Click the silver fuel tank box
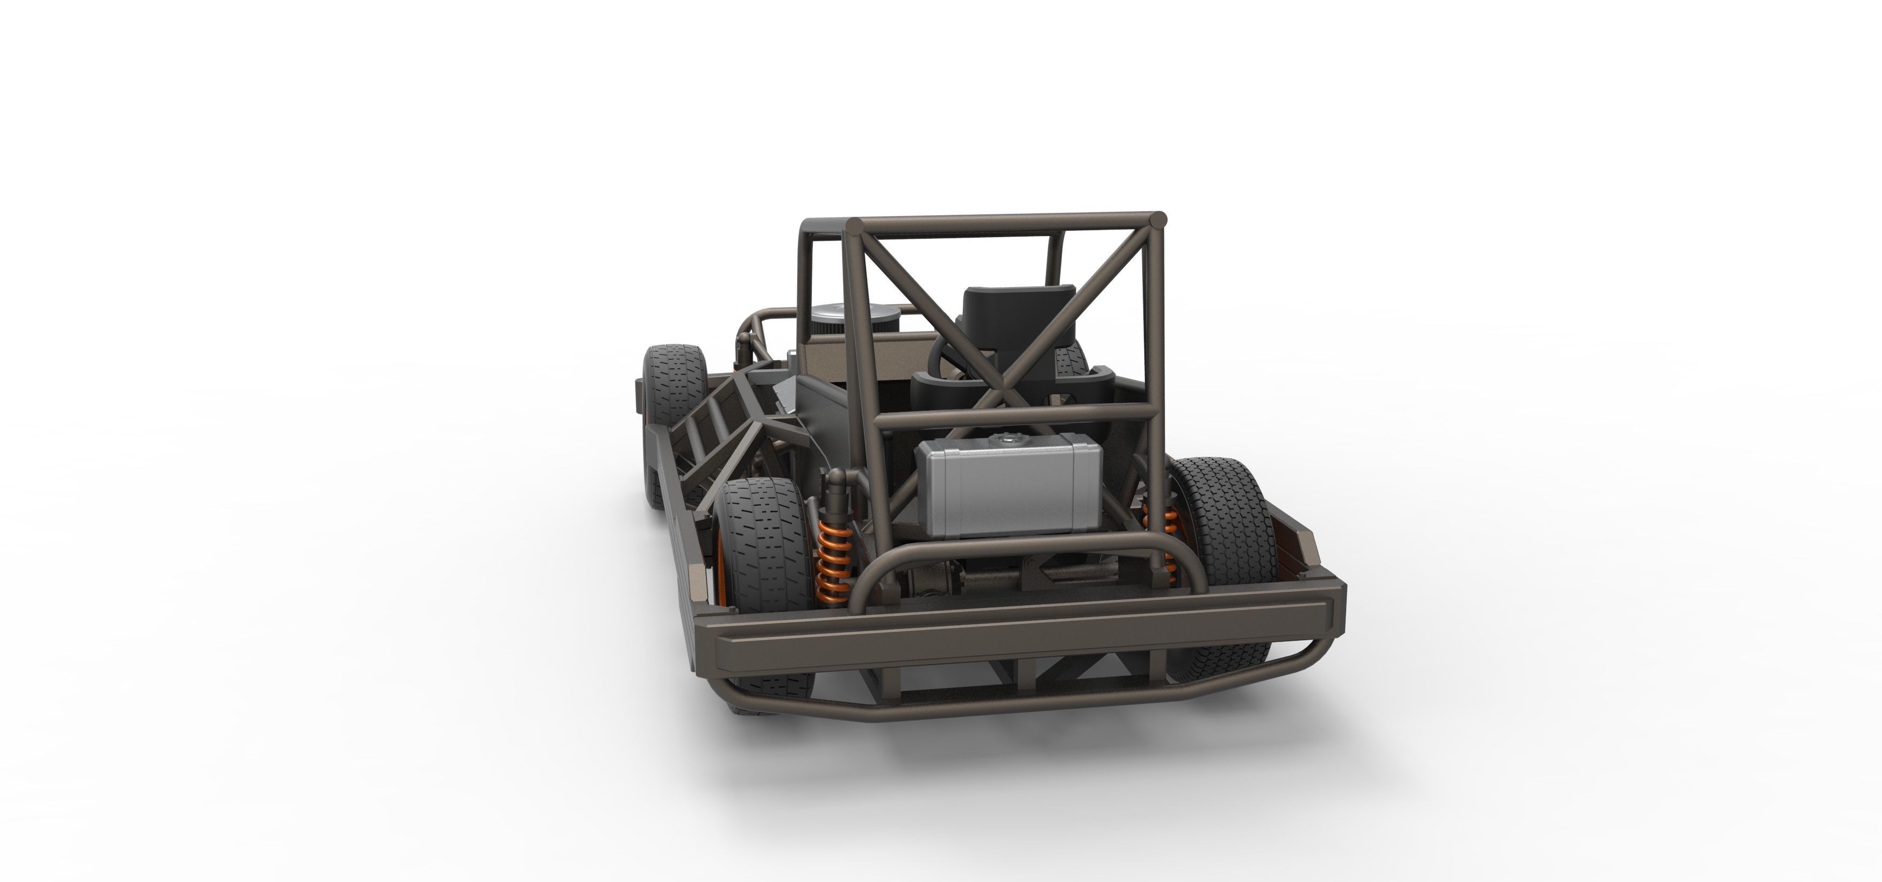click(1008, 486)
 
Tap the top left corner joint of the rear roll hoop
click(854, 224)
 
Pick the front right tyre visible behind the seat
click(1070, 358)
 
